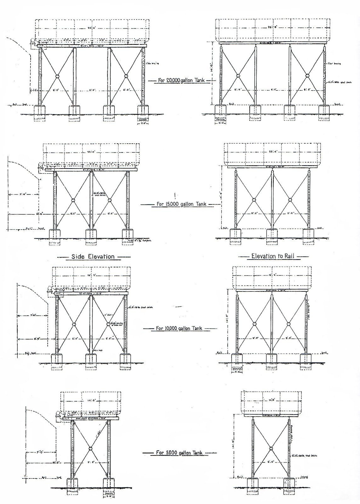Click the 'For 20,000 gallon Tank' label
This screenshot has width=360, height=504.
coord(181,80)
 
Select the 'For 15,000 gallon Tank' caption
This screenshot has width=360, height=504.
coord(181,204)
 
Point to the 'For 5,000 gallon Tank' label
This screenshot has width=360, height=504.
coord(179,453)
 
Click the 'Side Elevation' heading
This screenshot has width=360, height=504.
coord(93,256)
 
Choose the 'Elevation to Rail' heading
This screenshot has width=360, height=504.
coord(272,256)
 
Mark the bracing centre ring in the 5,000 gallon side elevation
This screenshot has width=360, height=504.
coord(90,449)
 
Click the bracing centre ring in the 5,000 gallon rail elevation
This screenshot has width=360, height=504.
coord(271,448)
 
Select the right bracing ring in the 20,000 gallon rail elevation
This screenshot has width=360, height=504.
coord(307,76)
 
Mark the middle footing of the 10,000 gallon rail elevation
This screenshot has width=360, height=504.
coord(271,358)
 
